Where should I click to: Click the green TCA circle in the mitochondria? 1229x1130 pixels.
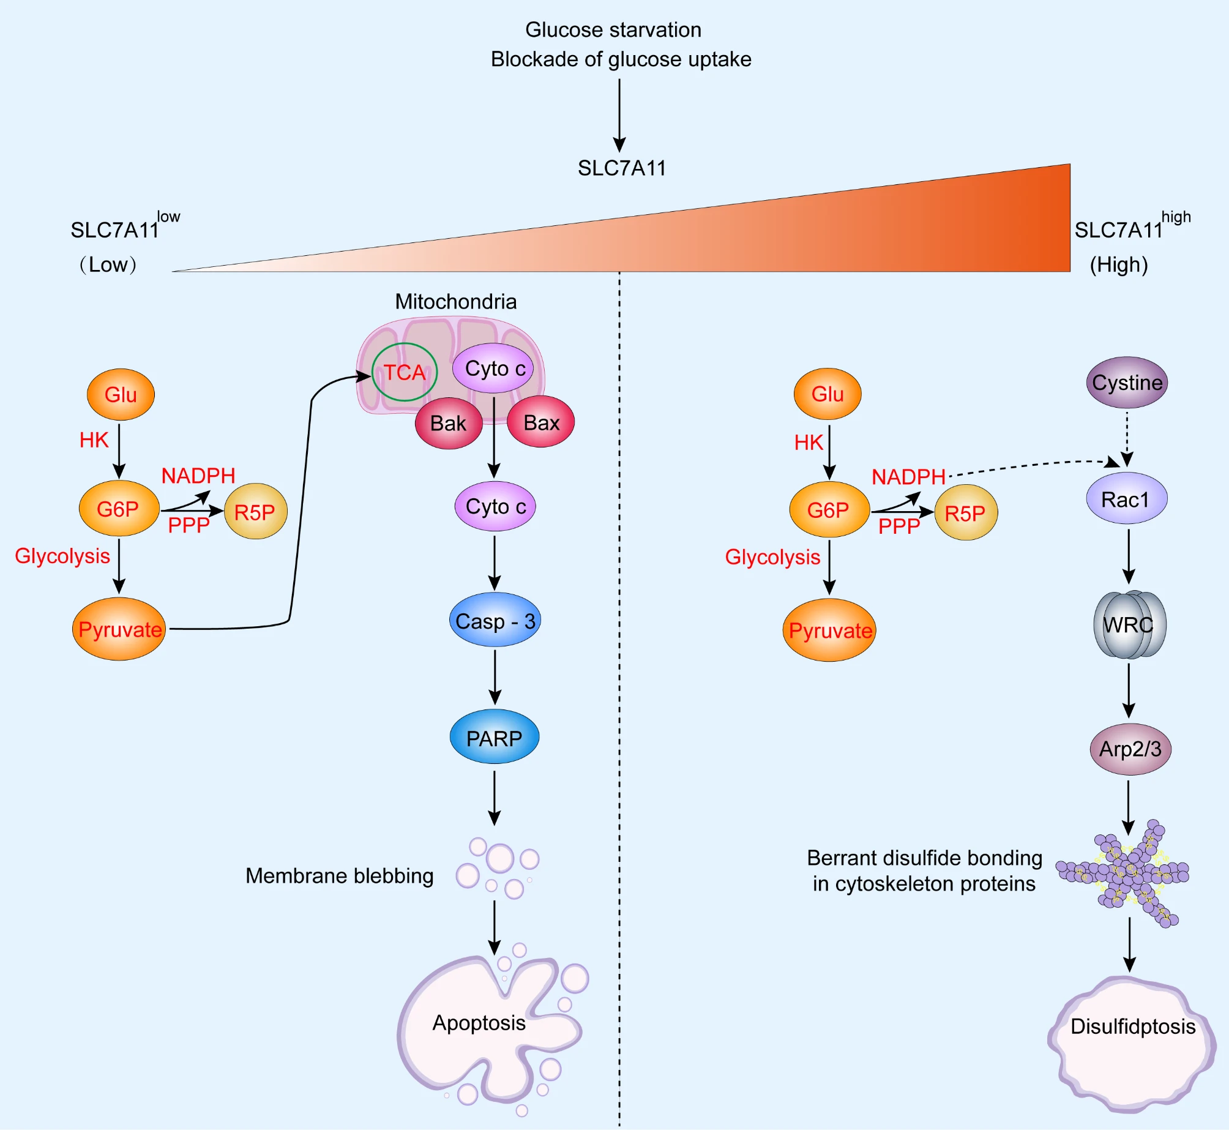tap(405, 372)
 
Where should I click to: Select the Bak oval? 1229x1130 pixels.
tap(448, 423)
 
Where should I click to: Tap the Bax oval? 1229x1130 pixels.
tap(541, 422)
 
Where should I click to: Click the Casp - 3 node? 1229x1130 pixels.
tap(495, 621)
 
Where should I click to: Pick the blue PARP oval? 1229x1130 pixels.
tap(495, 738)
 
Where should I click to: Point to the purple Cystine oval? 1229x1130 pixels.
tap(1127, 383)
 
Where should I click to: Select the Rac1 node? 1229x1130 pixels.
tap(1126, 499)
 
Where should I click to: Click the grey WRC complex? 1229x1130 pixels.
tap(1129, 624)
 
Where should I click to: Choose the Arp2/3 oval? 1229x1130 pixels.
tap(1130, 749)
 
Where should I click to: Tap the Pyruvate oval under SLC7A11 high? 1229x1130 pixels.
tap(829, 630)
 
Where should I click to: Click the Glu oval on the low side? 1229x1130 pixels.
tap(121, 394)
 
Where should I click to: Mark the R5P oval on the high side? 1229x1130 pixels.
tap(965, 513)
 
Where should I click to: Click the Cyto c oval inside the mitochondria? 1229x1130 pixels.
tap(495, 369)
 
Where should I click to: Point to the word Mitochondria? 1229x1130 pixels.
tap(455, 301)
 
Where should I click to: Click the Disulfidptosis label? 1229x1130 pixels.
tap(1132, 1027)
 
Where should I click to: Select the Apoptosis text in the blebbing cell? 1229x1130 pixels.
tap(479, 1023)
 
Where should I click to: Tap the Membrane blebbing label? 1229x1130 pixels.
tap(339, 876)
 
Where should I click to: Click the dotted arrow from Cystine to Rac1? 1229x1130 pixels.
tap(1127, 438)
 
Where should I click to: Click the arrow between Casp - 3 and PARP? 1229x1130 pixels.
tap(495, 676)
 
